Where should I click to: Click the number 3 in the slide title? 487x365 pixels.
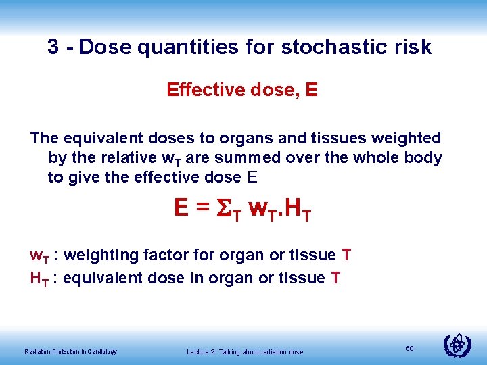[x=53, y=47]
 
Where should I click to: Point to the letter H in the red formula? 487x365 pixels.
[x=294, y=208]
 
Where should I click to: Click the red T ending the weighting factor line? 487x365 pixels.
[x=346, y=255]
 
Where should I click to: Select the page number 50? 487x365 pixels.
[x=409, y=347]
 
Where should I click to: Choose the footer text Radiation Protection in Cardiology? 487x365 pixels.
[x=70, y=351]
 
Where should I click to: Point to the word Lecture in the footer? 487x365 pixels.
[x=199, y=351]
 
